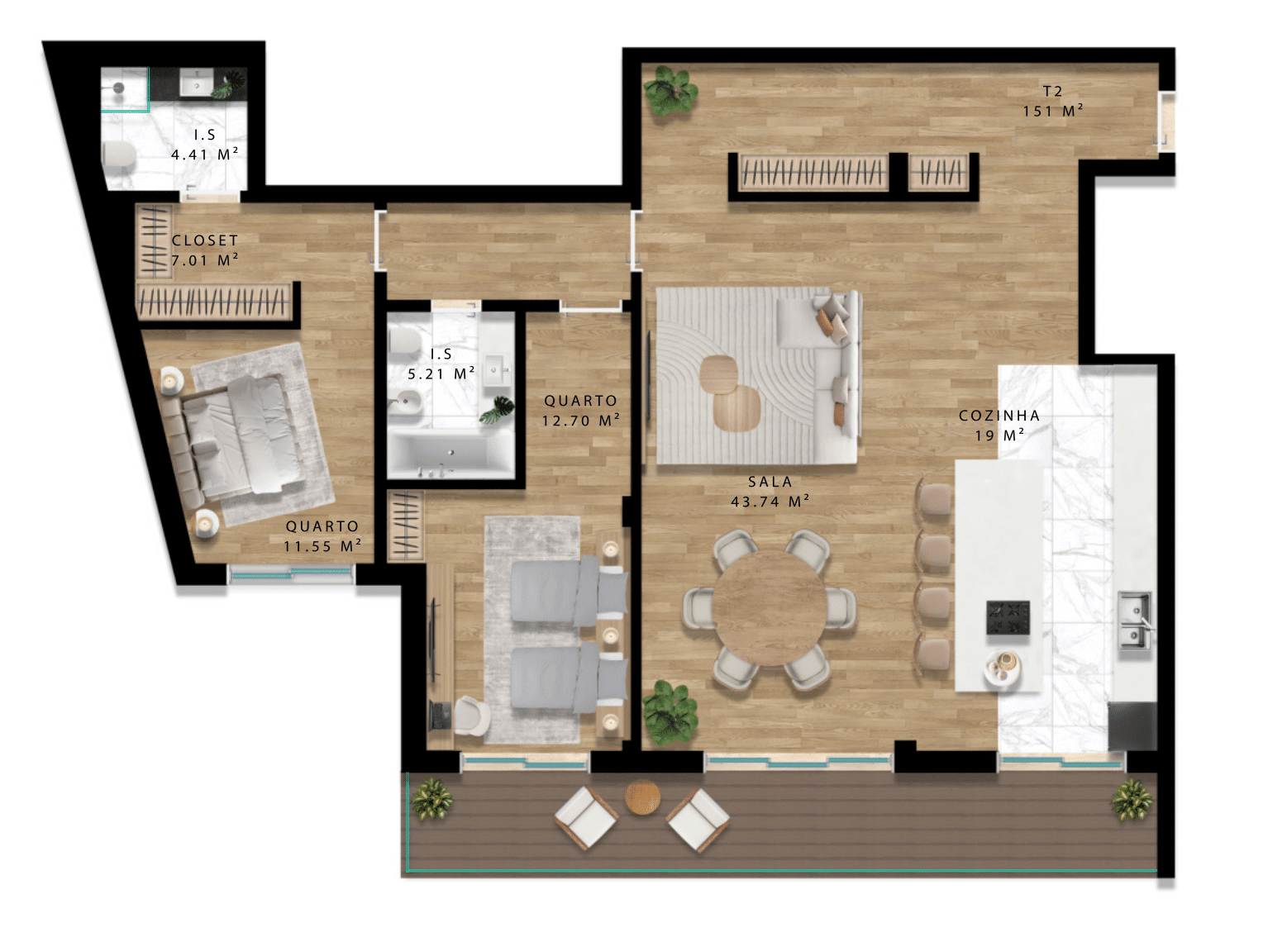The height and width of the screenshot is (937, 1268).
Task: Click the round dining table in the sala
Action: (769, 609)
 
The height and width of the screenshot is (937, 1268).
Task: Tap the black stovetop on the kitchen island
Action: (1008, 617)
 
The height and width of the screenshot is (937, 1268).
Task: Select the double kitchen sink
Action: (1134, 621)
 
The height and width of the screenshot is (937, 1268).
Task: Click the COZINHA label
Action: (999, 416)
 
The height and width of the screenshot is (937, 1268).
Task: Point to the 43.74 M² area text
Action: (770, 502)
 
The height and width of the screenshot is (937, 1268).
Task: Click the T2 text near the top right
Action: (1052, 91)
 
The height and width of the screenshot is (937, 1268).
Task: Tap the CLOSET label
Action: (205, 240)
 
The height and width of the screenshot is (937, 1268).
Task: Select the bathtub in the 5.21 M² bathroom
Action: (450, 454)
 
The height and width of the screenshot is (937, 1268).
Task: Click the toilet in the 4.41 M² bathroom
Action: (119, 155)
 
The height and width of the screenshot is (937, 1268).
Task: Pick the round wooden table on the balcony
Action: (642, 797)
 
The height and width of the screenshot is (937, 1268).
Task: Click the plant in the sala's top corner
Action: (670, 91)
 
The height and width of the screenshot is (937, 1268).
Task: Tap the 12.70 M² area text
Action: (581, 421)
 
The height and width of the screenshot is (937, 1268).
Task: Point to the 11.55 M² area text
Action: (322, 545)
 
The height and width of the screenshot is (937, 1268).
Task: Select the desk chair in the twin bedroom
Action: (472, 715)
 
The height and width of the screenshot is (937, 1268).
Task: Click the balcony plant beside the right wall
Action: (1131, 799)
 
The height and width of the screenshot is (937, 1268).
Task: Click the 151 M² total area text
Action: (1052, 111)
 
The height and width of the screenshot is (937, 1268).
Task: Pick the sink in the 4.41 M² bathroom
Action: (197, 82)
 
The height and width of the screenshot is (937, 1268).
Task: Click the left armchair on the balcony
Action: (586, 817)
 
